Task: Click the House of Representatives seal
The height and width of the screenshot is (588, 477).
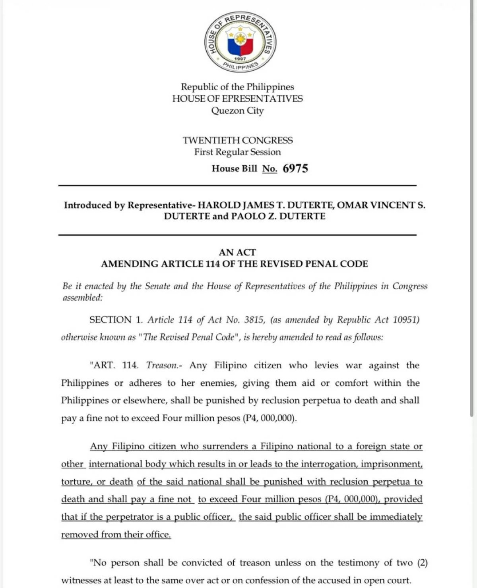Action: [240, 42]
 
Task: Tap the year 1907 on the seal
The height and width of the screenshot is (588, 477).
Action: [240, 59]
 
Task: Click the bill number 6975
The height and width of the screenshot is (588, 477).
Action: [295, 168]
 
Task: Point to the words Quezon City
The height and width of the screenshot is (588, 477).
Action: [237, 110]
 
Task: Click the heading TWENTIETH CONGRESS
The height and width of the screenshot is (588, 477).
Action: [238, 140]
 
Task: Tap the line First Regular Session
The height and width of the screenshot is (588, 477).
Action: [237, 152]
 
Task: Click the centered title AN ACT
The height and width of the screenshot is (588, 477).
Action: [237, 252]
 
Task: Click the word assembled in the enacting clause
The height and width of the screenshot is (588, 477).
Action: [82, 298]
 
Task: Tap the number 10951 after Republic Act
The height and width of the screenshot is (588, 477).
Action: [406, 320]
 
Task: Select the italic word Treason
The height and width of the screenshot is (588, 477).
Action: [163, 365]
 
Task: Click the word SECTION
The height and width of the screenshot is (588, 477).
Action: [110, 320]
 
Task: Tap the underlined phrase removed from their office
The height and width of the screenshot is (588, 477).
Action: [116, 534]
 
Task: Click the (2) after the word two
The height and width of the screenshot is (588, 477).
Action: [422, 563]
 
